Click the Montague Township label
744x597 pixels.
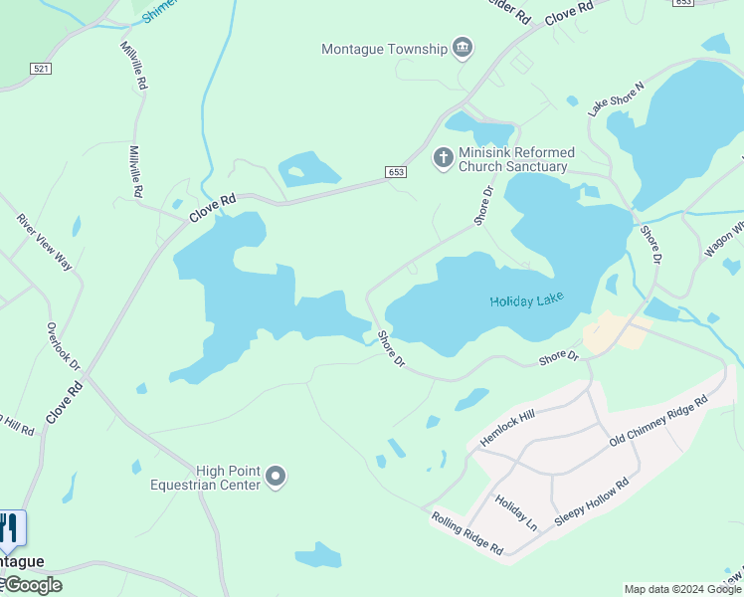(x=383, y=49)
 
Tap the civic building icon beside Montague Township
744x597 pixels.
(x=462, y=48)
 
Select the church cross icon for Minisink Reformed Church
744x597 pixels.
(x=443, y=158)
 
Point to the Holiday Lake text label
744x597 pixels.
(x=527, y=301)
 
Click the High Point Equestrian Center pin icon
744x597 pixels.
(x=277, y=478)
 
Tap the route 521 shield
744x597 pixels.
(x=41, y=69)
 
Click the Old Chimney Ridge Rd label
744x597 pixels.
(x=658, y=420)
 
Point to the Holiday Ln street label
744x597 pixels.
(x=515, y=513)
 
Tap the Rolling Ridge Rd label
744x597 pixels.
(x=466, y=534)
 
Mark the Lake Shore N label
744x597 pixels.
(x=616, y=99)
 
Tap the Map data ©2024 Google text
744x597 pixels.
(x=682, y=589)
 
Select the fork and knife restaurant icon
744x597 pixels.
(x=9, y=527)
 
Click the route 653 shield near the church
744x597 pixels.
(x=396, y=173)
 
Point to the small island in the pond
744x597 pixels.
(x=295, y=172)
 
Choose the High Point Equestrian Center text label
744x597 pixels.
(x=204, y=478)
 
